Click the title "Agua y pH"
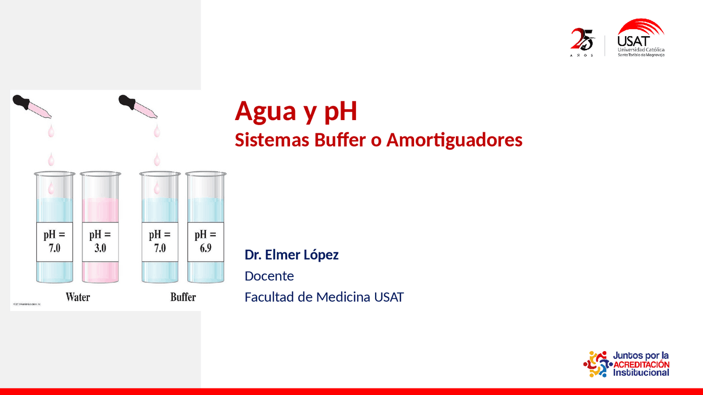pyautogui.click(x=296, y=112)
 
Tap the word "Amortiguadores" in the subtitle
pyautogui.click(x=454, y=140)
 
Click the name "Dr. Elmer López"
pyautogui.click(x=292, y=255)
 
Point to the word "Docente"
pyautogui.click(x=269, y=276)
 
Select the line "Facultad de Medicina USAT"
pyautogui.click(x=324, y=297)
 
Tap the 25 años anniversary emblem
pyautogui.click(x=582, y=42)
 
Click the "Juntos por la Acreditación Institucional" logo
pyautogui.click(x=627, y=364)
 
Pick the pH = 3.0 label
pyautogui.click(x=100, y=242)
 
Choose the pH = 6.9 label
pyautogui.click(x=205, y=242)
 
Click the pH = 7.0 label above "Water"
pyautogui.click(x=54, y=242)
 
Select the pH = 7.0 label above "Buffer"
pyautogui.click(x=160, y=242)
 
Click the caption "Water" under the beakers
pyautogui.click(x=77, y=297)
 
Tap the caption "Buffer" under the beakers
pyautogui.click(x=183, y=297)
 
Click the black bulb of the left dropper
pyautogui.click(x=22, y=101)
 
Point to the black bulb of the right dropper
pyautogui.click(x=127, y=101)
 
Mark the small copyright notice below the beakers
pyautogui.click(x=27, y=304)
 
